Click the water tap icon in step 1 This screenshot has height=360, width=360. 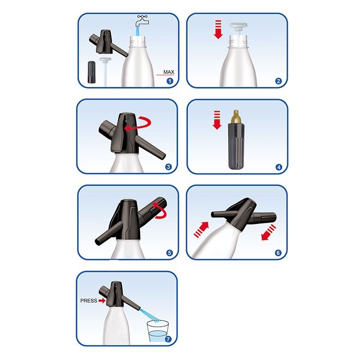point(142,21)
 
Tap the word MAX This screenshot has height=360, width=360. point(169,72)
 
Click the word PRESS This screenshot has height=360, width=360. point(89,301)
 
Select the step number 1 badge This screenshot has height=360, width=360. point(170,81)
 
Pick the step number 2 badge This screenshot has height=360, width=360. point(279,81)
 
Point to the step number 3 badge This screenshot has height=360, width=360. point(168,167)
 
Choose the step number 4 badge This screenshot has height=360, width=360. point(279,167)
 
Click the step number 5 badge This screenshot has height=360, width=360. point(170,253)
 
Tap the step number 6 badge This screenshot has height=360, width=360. point(278,253)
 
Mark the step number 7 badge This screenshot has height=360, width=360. point(168,339)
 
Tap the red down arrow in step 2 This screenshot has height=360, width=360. point(218,29)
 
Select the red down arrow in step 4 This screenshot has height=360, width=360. point(217,120)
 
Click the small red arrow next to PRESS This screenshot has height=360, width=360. point(102,301)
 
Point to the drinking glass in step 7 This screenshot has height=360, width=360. point(158,331)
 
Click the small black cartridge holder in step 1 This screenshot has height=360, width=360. point(92,72)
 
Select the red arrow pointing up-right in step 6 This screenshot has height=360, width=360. point(201,229)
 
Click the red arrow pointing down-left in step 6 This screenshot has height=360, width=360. point(269,232)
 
